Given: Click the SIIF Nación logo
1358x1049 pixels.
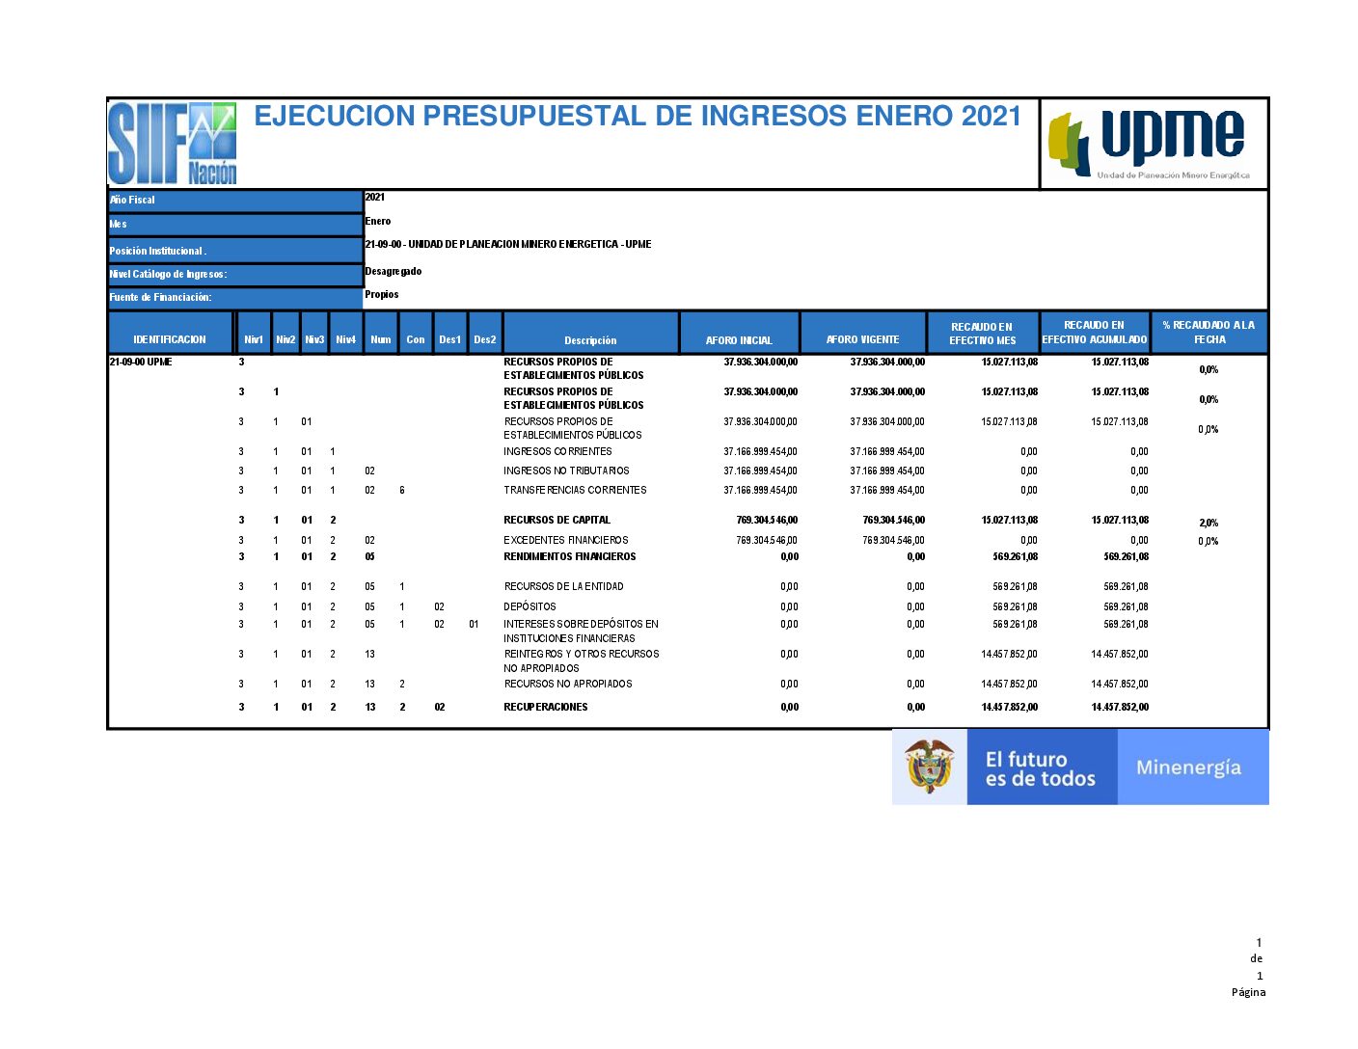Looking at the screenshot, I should tap(172, 143).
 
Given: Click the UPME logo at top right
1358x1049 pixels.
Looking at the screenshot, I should tap(1153, 143).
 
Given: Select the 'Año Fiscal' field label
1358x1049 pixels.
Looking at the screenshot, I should tap(132, 201).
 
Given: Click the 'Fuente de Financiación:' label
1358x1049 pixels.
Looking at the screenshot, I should tap(160, 298).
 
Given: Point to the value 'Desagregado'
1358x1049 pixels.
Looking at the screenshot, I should tap(393, 272).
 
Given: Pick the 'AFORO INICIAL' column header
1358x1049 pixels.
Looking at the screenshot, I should tap(739, 340).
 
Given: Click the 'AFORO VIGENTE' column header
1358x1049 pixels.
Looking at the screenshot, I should tap(862, 339).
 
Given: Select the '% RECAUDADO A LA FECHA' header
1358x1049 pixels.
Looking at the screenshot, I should tap(1209, 333).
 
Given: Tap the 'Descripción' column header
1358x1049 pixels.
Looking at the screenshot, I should tap(590, 340).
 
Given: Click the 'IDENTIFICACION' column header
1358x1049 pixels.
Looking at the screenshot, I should tap(170, 340).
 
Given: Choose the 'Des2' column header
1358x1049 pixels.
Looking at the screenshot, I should tap(484, 340).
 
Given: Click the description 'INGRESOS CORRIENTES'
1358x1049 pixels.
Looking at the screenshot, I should tap(557, 452).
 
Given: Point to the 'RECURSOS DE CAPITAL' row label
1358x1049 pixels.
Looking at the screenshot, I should tap(557, 521).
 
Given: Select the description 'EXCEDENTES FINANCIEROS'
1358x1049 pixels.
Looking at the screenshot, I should tap(565, 541).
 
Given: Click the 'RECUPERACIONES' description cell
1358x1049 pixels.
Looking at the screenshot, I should tap(545, 708).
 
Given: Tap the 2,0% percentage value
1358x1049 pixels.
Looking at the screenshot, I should tap(1208, 524).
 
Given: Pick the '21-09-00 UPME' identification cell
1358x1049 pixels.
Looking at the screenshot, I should tap(141, 363).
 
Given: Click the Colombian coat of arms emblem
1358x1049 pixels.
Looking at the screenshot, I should tap(929, 767).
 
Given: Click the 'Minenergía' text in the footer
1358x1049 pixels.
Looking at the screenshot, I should tap(1188, 767).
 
